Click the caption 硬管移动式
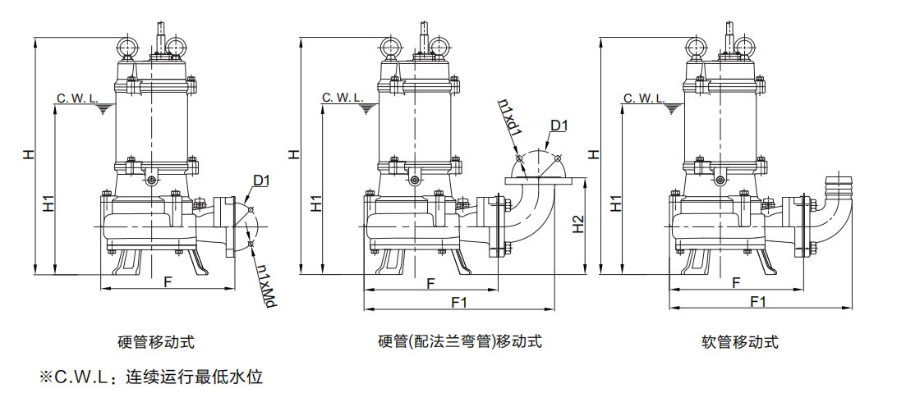click(156, 342)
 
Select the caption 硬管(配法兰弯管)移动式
click(460, 342)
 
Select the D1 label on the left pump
click(262, 180)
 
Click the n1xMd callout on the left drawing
click(264, 286)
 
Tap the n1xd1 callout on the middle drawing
click(510, 120)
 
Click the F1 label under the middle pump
click(459, 302)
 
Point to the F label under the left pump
click(167, 281)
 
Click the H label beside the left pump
click(29, 154)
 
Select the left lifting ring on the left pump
click(130, 45)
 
